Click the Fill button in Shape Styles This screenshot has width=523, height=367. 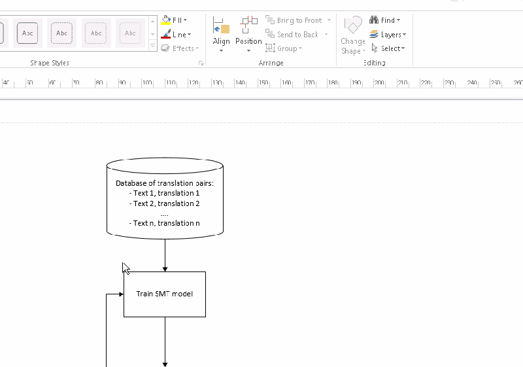[175, 20]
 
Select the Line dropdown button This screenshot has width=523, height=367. [176, 35]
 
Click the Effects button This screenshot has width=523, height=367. [178, 48]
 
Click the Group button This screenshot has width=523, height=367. [284, 48]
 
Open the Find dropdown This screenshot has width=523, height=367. [385, 20]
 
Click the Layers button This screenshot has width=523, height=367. [388, 35]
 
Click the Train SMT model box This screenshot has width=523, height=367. [165, 294]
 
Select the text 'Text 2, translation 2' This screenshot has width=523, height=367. [165, 203]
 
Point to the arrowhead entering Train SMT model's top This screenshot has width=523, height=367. [165, 269]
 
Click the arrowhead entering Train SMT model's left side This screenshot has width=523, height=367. [121, 294]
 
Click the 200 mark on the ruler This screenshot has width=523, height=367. [379, 83]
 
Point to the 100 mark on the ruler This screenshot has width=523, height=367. [147, 83]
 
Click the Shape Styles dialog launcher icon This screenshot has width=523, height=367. [201, 63]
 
